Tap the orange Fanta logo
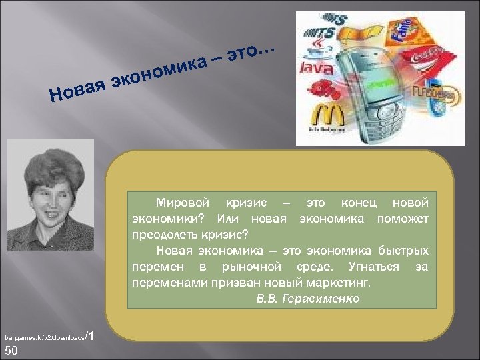[x=402, y=29]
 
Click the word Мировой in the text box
[x=182, y=202]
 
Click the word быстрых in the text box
[x=405, y=251]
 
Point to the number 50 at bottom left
[x=11, y=351]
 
